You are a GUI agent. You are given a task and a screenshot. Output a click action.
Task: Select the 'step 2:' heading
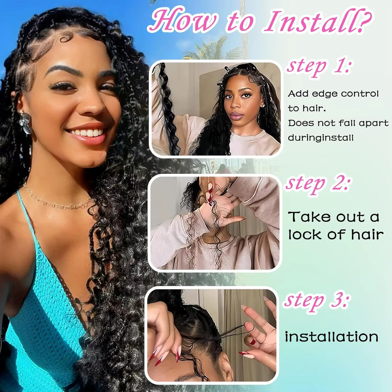click(x=318, y=184)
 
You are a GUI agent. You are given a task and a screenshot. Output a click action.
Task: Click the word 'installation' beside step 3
click(x=331, y=337)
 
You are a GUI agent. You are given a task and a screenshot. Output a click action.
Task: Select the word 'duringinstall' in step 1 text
click(x=321, y=138)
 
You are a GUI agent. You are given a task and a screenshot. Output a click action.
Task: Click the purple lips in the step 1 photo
click(x=236, y=116)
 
